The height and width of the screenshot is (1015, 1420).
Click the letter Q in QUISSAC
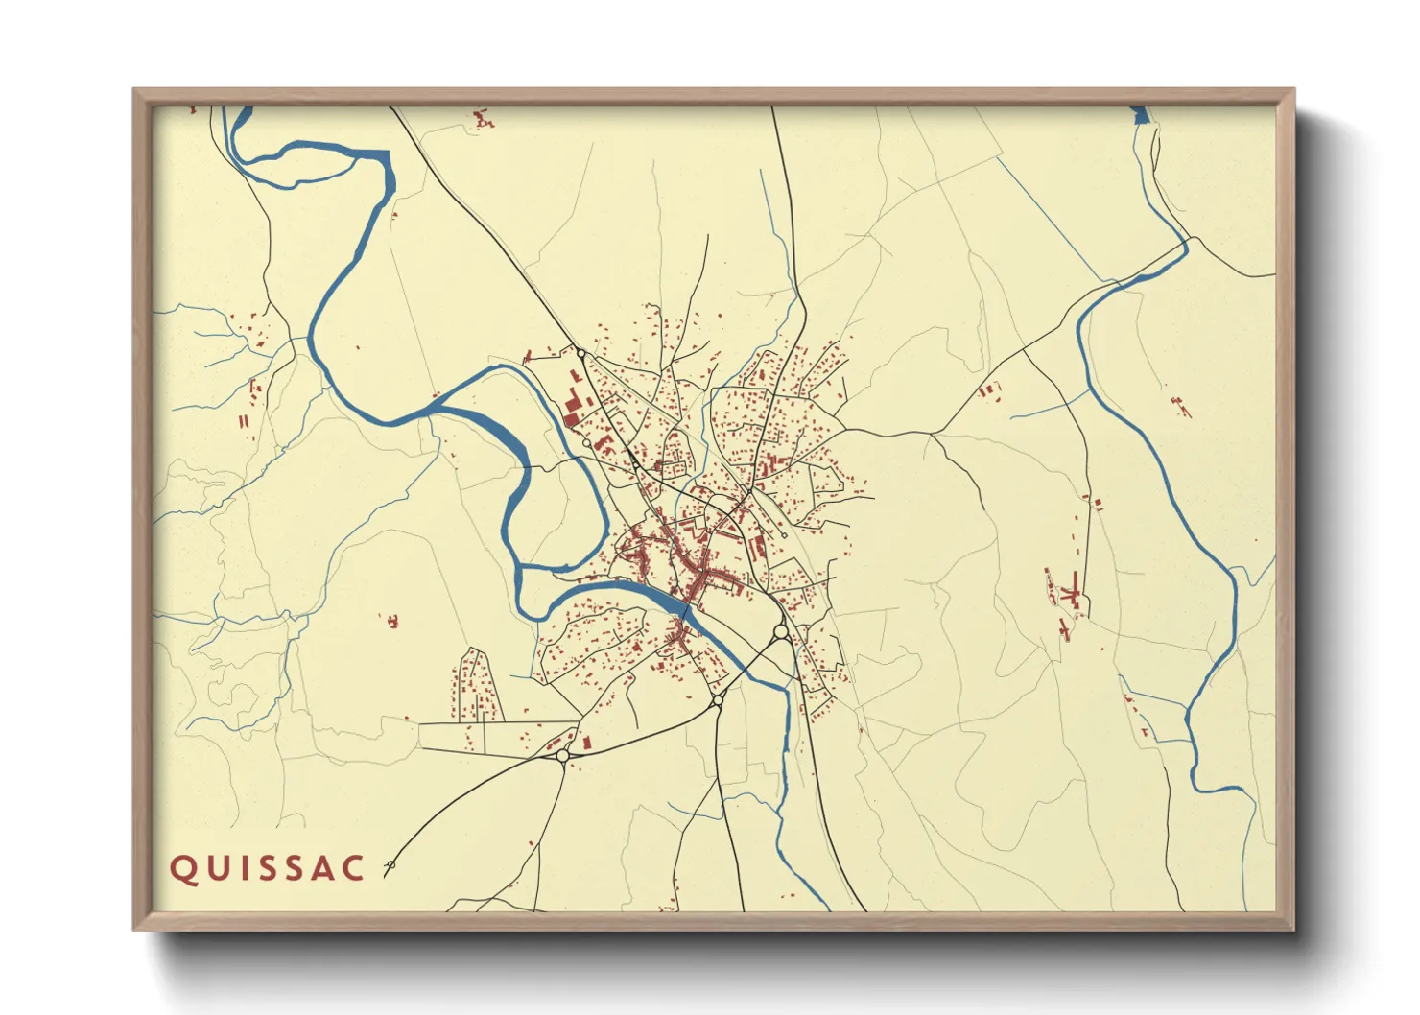click(x=182, y=868)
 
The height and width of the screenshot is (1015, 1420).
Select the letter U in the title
click(x=214, y=868)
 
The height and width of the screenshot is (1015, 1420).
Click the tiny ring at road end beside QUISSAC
click(x=390, y=866)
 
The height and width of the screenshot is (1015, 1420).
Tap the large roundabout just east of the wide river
click(x=780, y=631)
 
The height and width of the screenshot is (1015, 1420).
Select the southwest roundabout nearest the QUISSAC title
click(x=562, y=756)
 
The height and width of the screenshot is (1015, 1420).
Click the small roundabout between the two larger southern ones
click(x=717, y=702)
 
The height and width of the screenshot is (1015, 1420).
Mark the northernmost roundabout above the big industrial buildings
click(x=580, y=354)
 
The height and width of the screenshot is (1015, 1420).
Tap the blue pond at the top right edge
click(x=1140, y=116)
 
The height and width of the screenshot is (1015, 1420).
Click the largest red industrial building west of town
click(x=573, y=407)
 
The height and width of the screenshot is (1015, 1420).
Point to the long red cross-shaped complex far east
click(x=1069, y=595)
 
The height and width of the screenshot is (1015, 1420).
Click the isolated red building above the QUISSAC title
click(x=390, y=622)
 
